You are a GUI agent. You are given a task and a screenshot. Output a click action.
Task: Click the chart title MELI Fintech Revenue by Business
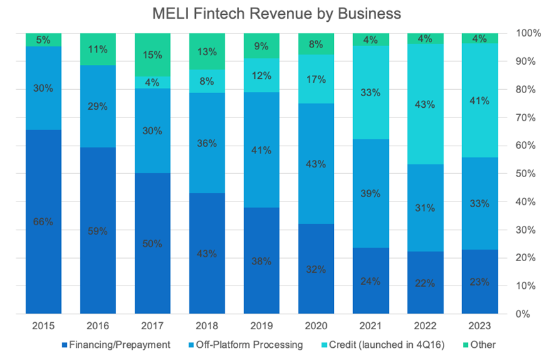(x=277, y=13)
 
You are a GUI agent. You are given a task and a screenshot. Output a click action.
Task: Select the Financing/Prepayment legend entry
(x=119, y=345)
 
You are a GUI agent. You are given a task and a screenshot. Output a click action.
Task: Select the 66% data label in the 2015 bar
(x=43, y=221)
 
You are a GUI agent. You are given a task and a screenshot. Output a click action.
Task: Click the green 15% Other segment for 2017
(x=152, y=55)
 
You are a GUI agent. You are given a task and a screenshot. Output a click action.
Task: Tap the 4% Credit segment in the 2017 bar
(x=152, y=82)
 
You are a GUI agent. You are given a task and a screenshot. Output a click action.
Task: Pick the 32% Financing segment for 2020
(x=316, y=269)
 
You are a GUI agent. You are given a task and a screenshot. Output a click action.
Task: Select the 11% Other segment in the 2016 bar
(x=98, y=49)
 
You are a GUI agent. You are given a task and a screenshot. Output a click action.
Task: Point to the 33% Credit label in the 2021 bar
(x=370, y=92)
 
